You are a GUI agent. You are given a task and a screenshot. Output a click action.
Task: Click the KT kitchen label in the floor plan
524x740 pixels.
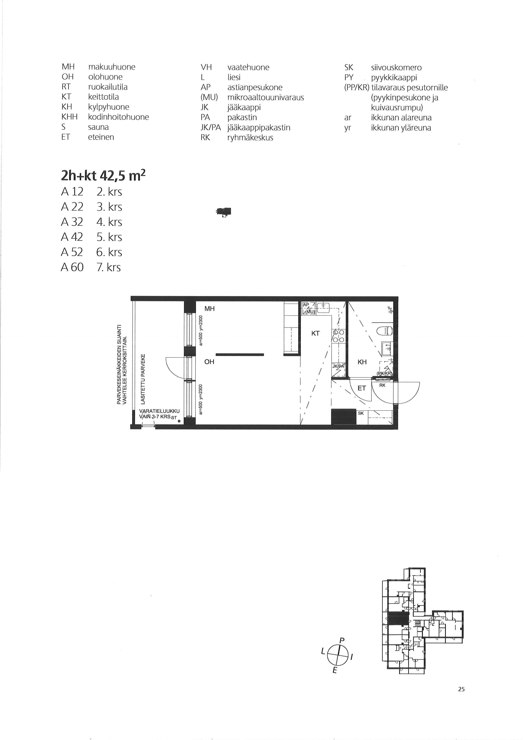point(315,334)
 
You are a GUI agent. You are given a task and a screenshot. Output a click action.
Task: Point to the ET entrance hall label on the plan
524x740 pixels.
point(362,388)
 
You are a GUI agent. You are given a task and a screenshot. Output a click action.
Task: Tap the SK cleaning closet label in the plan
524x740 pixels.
point(361,413)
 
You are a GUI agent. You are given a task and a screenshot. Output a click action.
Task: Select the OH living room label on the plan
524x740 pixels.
point(209,362)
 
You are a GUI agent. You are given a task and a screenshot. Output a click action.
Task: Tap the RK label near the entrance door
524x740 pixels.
point(382,385)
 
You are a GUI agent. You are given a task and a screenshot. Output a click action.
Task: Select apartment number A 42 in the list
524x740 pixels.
point(72,237)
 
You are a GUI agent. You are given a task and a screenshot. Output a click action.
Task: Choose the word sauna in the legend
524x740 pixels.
point(98,127)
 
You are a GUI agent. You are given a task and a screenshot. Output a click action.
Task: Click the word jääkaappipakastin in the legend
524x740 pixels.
point(259,128)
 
